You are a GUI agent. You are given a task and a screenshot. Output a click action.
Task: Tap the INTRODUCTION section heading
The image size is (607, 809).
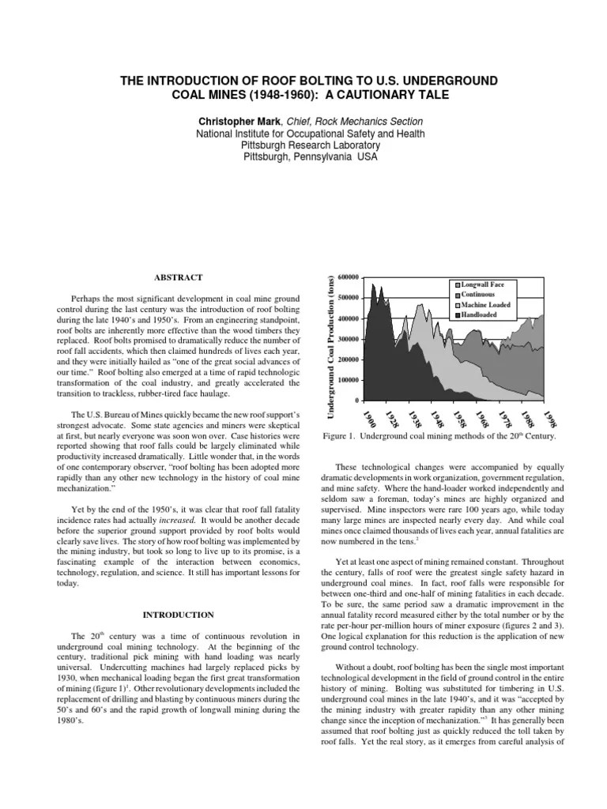pyautogui.click(x=177, y=614)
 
